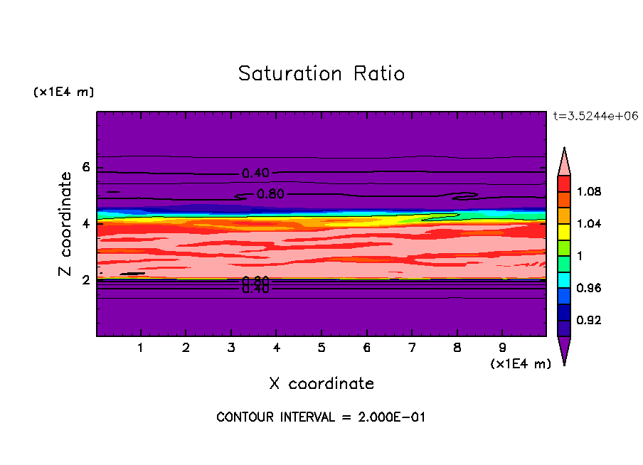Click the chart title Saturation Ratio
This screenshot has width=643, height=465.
click(x=321, y=74)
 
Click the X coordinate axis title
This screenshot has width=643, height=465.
click(x=321, y=384)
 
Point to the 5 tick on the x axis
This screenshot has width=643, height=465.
click(x=321, y=348)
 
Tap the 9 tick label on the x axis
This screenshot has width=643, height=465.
click(x=502, y=348)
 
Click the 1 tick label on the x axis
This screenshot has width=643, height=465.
click(x=141, y=348)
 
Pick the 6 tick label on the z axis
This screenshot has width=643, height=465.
click(x=87, y=168)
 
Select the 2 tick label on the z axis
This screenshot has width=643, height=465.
click(x=87, y=279)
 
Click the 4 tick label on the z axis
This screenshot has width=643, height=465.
click(x=87, y=223)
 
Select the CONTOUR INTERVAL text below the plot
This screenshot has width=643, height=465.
click(x=321, y=417)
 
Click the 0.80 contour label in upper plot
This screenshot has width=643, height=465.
click(x=270, y=194)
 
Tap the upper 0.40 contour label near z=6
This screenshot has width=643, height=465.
click(x=255, y=173)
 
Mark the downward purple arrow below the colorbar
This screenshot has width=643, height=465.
click(x=564, y=350)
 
